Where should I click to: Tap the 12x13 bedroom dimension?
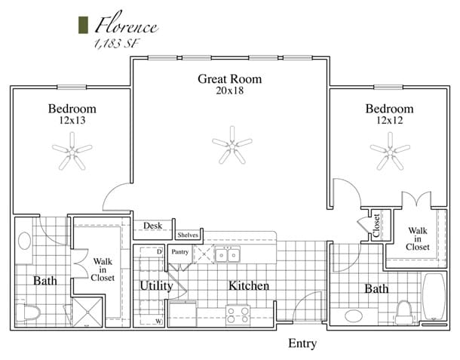[x=73, y=121]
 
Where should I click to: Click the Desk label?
[x=153, y=226]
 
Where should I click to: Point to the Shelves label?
[x=188, y=235]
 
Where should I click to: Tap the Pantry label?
[x=179, y=251]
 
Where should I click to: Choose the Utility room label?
[x=157, y=286]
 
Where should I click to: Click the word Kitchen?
[x=248, y=286]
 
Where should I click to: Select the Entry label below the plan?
[x=302, y=344]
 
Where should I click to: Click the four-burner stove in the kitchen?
[x=238, y=312]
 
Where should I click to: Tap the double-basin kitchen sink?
[x=227, y=255]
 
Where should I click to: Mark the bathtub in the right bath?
[x=434, y=299]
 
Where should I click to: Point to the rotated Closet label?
[x=376, y=226]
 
